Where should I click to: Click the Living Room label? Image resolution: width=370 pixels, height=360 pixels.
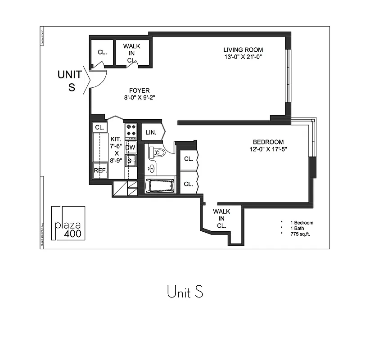[243, 49]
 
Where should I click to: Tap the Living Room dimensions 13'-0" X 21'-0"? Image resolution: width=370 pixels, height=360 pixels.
[243, 57]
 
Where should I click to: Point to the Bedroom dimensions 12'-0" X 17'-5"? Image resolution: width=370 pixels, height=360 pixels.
[268, 149]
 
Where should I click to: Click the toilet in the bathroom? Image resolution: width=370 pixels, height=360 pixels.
[158, 152]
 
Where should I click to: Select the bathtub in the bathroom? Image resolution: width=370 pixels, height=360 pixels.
[159, 186]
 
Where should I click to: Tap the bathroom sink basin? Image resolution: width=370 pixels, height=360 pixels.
[152, 169]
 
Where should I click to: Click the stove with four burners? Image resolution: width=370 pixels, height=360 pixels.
[131, 130]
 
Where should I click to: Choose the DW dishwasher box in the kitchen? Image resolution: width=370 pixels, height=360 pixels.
[131, 147]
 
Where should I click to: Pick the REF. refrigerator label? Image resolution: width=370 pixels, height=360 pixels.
[100, 171]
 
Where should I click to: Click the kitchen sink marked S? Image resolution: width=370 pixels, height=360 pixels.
[130, 161]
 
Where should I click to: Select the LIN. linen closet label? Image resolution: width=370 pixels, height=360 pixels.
[150, 132]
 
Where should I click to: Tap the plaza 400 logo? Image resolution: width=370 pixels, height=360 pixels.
[68, 224]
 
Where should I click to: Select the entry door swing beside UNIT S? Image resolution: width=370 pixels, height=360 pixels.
[97, 79]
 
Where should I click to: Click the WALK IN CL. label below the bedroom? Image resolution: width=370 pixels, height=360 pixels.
[221, 219]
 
